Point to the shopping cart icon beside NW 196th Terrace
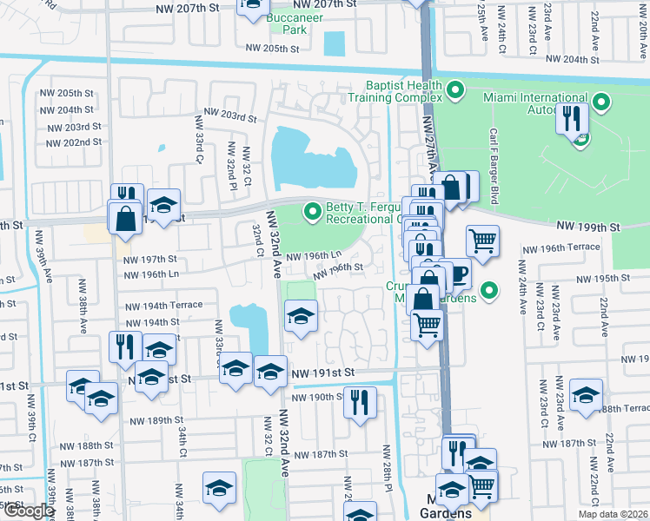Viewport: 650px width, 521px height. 483,240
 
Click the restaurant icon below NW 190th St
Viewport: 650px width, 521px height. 358,401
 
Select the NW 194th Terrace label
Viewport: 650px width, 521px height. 164,306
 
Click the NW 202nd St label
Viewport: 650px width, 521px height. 72,142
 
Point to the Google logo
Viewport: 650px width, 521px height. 29,511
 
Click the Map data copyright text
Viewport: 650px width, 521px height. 613,514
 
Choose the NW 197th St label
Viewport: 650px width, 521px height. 150,259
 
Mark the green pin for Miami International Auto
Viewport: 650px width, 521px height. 600,102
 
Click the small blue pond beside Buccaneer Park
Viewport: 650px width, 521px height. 333,43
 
